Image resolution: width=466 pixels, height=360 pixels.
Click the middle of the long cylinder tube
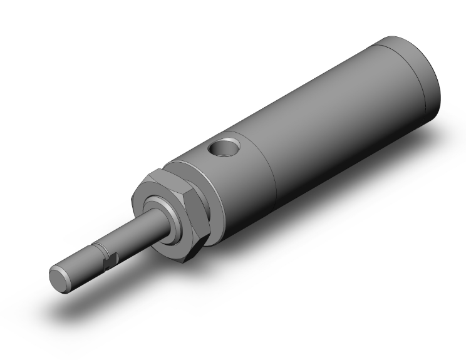click(326, 125)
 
